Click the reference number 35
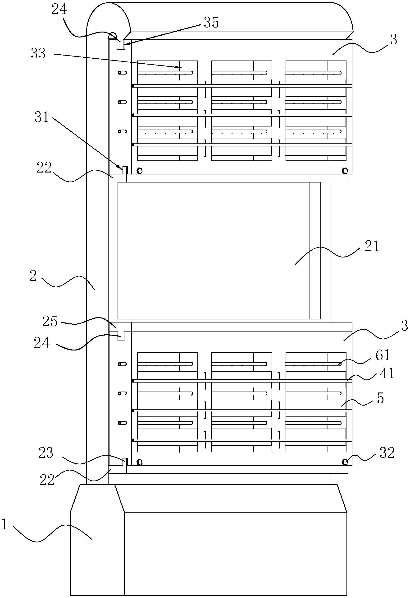point(211,22)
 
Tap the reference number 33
point(38,54)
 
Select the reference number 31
point(42,117)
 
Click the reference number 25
point(50,321)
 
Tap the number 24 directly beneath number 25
point(42,344)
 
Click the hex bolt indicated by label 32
point(345,462)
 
